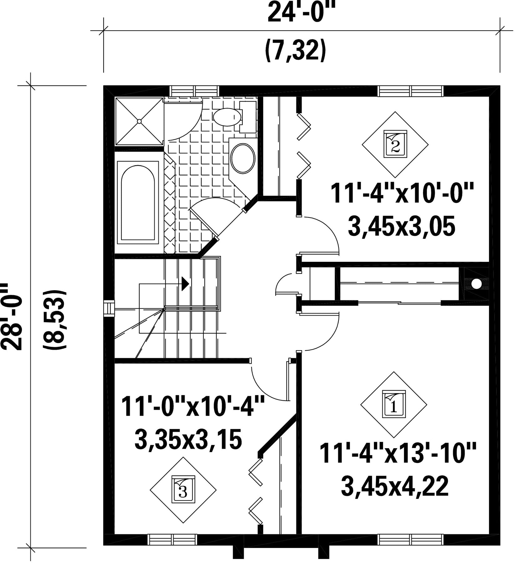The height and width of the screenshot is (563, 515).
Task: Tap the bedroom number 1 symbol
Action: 394,405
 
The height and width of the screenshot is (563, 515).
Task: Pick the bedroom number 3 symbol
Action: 183,490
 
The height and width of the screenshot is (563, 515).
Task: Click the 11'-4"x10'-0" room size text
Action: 402,194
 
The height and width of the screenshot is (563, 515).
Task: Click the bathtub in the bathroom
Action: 138,202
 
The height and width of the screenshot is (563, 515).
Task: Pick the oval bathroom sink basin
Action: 242,158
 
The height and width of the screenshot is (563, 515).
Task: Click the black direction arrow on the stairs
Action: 186,283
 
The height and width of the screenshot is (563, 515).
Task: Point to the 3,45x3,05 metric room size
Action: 401,226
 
